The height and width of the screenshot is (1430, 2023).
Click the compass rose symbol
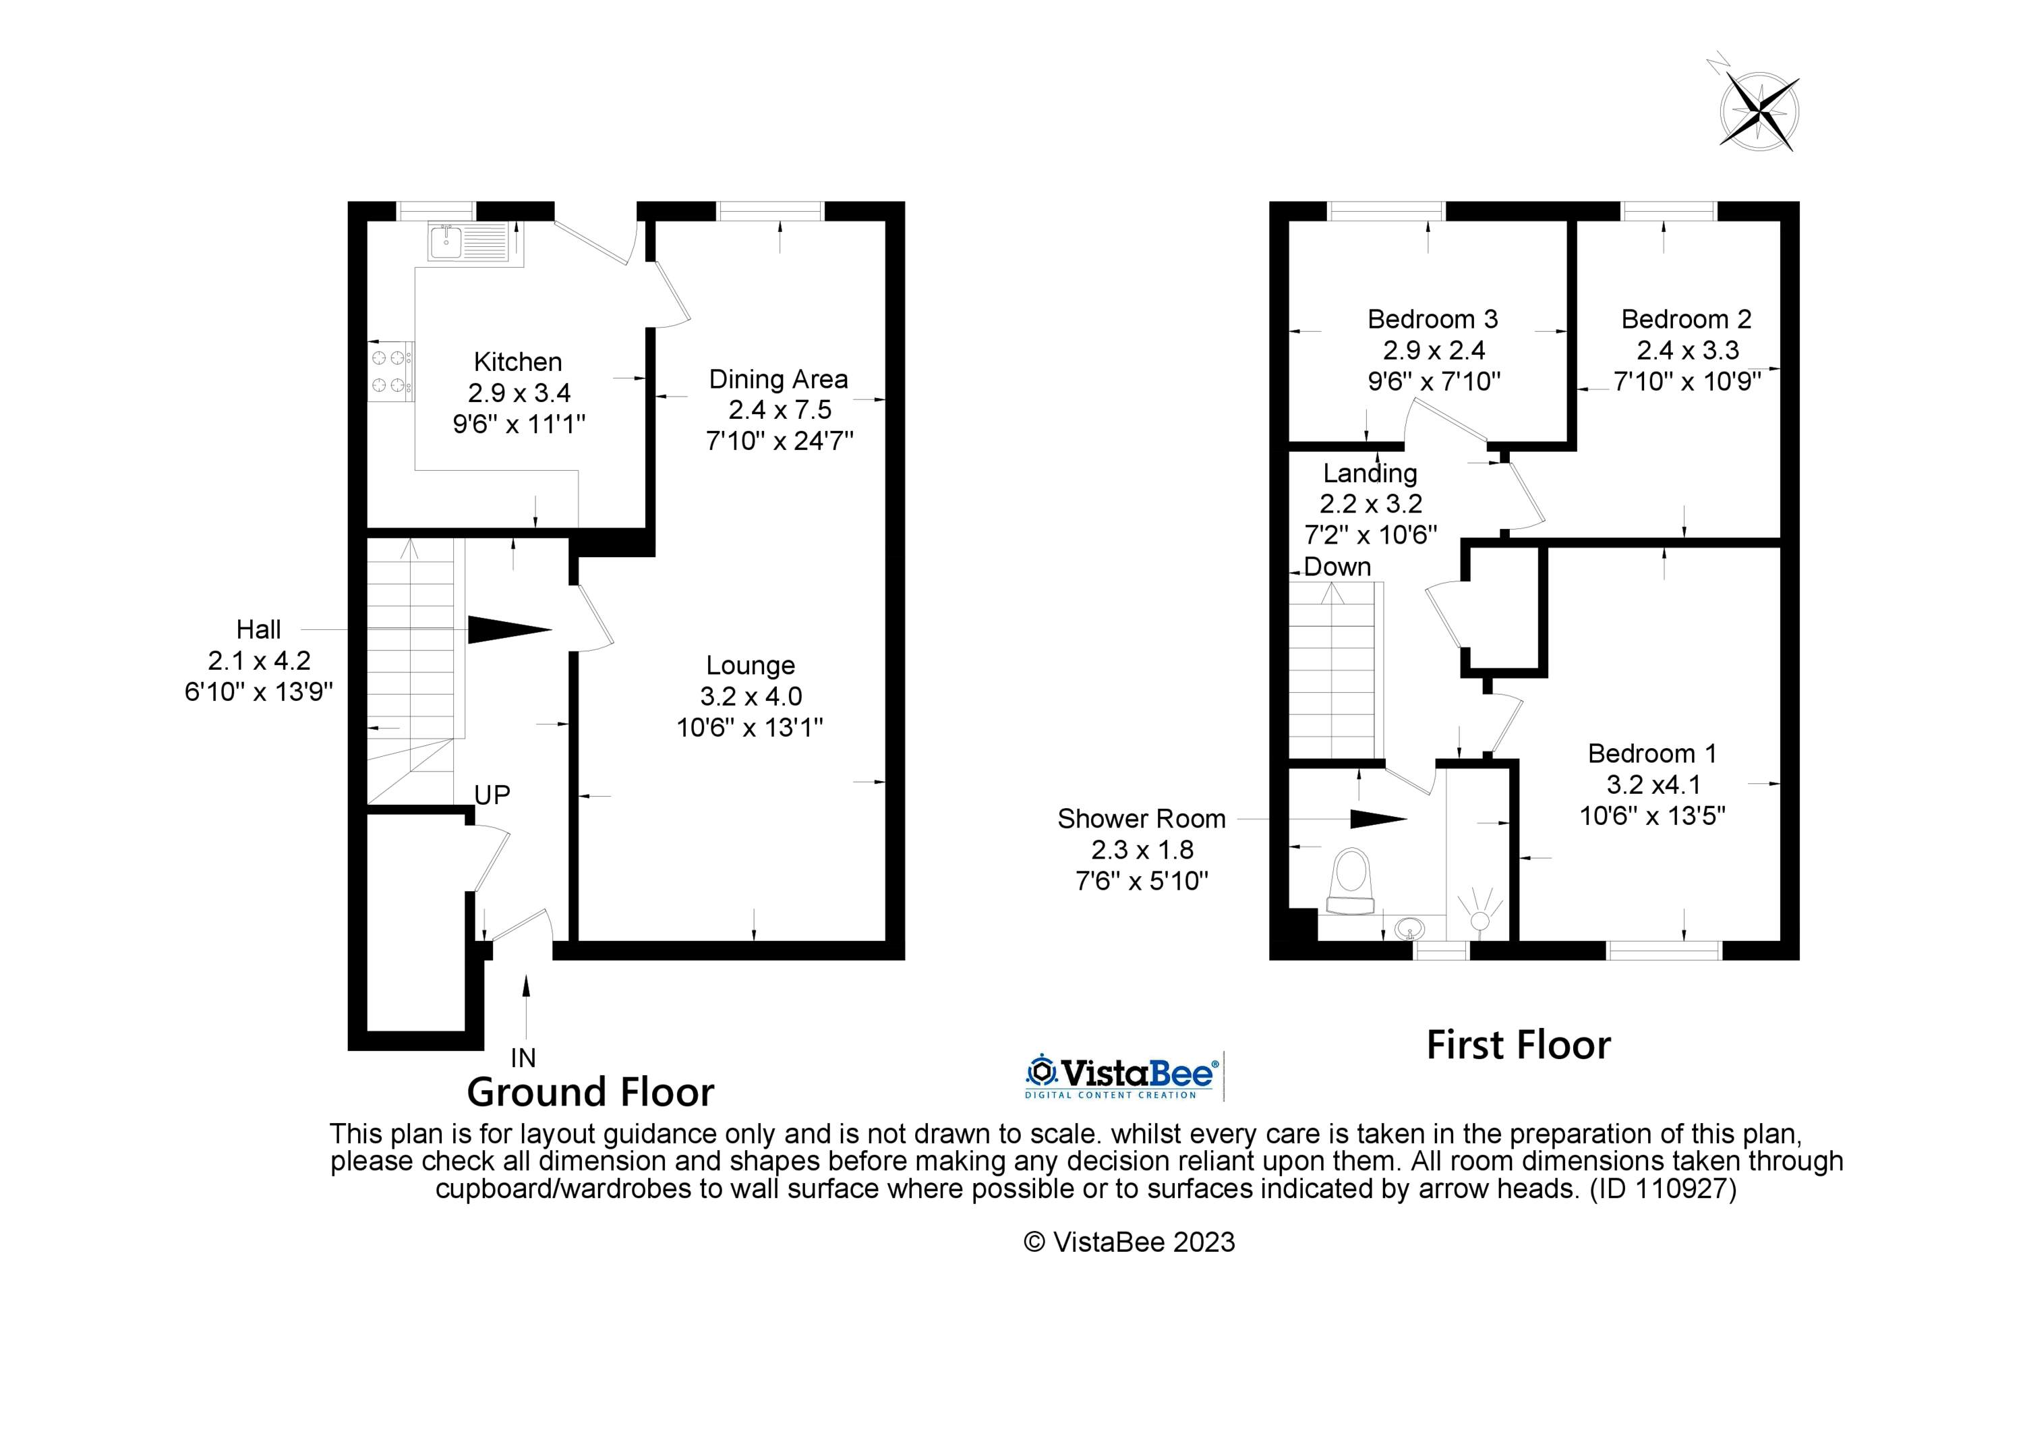pos(1759,112)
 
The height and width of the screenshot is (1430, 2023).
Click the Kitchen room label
pos(517,362)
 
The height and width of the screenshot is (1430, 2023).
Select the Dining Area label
pos(778,379)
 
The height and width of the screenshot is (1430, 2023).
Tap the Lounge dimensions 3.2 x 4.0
pos(751,696)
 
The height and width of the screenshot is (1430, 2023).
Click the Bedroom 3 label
pos(1433,318)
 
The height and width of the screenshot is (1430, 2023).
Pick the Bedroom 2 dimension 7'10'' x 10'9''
pos(1687,382)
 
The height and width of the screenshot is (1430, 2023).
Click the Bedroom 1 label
pos(1652,753)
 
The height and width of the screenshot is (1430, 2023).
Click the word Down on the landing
pos(1337,567)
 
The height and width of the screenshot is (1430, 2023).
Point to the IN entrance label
pos(523,1056)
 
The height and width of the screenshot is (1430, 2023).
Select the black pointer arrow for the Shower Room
pos(1377,820)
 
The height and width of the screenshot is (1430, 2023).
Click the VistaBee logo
pos(1121,1076)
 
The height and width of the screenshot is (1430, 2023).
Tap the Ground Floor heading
pos(589,1093)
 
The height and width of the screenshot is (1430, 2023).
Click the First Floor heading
pos(1518,1046)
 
